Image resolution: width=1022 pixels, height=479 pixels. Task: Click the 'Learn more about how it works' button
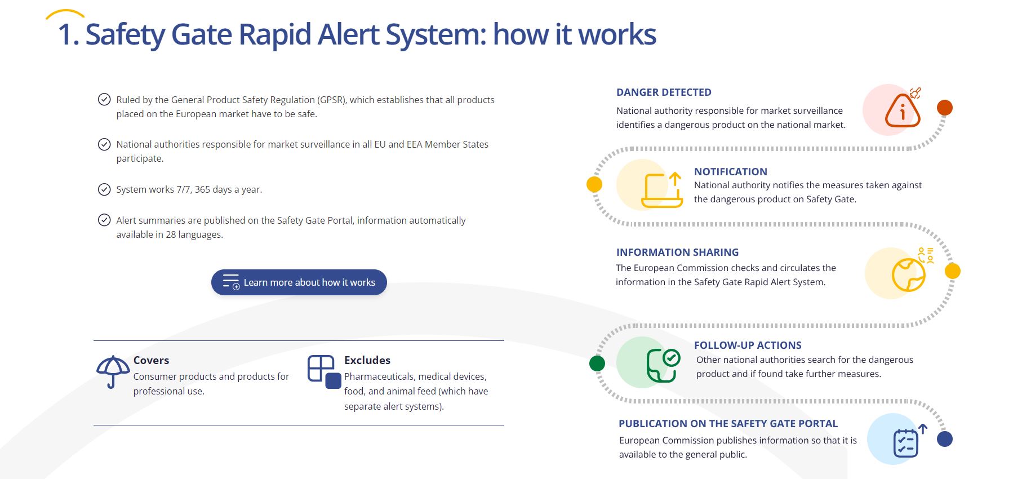tap(299, 282)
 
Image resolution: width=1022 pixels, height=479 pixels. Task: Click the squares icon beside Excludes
tap(324, 371)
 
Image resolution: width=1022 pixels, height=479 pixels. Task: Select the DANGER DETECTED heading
tap(664, 92)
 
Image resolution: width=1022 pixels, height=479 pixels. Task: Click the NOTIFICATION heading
tap(730, 172)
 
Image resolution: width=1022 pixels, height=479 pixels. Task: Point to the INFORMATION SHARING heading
tap(677, 252)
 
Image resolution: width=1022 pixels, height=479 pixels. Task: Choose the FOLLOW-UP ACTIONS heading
tap(748, 345)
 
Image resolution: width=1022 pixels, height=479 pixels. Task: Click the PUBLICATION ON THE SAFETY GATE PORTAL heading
tap(728, 424)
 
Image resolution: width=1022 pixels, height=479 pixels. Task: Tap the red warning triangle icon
tap(902, 110)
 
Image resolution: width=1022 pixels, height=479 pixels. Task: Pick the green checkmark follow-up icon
tap(663, 365)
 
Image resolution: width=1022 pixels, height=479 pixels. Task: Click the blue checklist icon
tap(906, 442)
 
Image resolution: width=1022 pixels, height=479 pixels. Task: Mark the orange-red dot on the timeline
tap(945, 108)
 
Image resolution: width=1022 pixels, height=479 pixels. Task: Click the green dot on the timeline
tap(597, 363)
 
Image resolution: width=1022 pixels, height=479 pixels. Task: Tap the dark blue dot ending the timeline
tap(945, 439)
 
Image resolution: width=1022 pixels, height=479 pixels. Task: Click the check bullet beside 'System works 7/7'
tap(104, 189)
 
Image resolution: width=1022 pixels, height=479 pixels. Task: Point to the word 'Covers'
tap(151, 360)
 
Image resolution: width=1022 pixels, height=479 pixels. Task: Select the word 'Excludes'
tap(367, 360)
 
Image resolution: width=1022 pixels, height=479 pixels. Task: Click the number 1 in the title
tap(66, 35)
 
